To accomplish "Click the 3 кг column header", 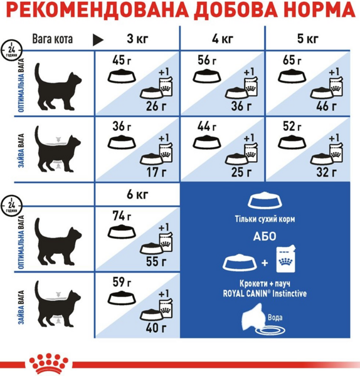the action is (137, 39).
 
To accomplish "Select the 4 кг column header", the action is (223, 39).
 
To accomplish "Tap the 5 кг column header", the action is (308, 39).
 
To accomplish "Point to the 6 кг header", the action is (137, 194).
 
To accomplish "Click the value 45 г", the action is (122, 60).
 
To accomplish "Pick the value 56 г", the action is (207, 60).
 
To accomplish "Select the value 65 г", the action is (292, 60).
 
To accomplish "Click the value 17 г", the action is (156, 172).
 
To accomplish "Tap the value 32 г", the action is (327, 172).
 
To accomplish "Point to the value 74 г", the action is (122, 216).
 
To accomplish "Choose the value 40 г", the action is (156, 328).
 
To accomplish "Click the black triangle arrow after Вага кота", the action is (98, 40).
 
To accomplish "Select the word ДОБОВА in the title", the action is (236, 10).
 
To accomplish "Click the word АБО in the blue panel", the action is (265, 236).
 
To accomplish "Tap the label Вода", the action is (275, 318).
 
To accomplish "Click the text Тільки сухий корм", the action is (265, 219).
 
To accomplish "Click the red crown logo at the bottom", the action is (49, 363).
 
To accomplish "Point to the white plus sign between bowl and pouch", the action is (265, 263).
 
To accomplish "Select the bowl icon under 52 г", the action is (292, 142).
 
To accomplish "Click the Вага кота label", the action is (52, 39).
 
